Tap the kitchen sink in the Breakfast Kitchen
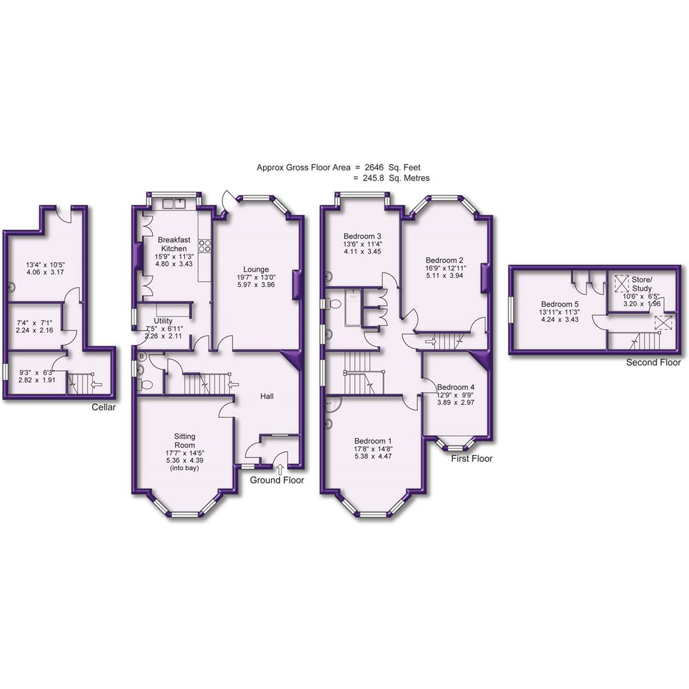174,204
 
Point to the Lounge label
255,269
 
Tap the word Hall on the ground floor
267,397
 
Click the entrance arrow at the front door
279,471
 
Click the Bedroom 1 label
373,441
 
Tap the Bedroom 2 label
445,260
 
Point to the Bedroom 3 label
362,237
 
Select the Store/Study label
642,284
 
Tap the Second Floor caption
655,362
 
